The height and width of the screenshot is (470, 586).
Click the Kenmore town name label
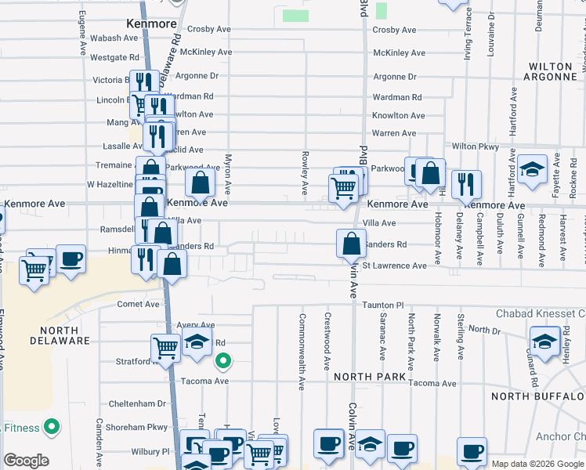pos(151,24)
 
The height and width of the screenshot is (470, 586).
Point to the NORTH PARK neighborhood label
pos(369,377)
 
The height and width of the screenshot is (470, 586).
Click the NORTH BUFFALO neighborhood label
pos(538,396)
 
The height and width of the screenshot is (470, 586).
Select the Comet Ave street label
pos(138,304)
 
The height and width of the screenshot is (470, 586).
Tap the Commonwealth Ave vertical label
pos(301,352)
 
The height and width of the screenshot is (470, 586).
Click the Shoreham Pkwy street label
pos(139,427)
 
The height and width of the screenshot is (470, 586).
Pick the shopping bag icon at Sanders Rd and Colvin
pos(351,243)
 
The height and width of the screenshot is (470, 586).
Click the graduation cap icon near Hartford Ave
pos(532,170)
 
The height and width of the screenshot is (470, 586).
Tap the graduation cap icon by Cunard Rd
pos(544,341)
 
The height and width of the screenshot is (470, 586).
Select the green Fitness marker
pos(52,428)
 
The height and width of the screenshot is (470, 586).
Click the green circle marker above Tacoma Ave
pos(223,361)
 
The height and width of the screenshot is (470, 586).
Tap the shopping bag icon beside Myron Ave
pos(201,184)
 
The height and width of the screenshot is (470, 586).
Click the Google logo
pos(26,461)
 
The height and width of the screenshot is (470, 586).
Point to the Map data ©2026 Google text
pos(537,464)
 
